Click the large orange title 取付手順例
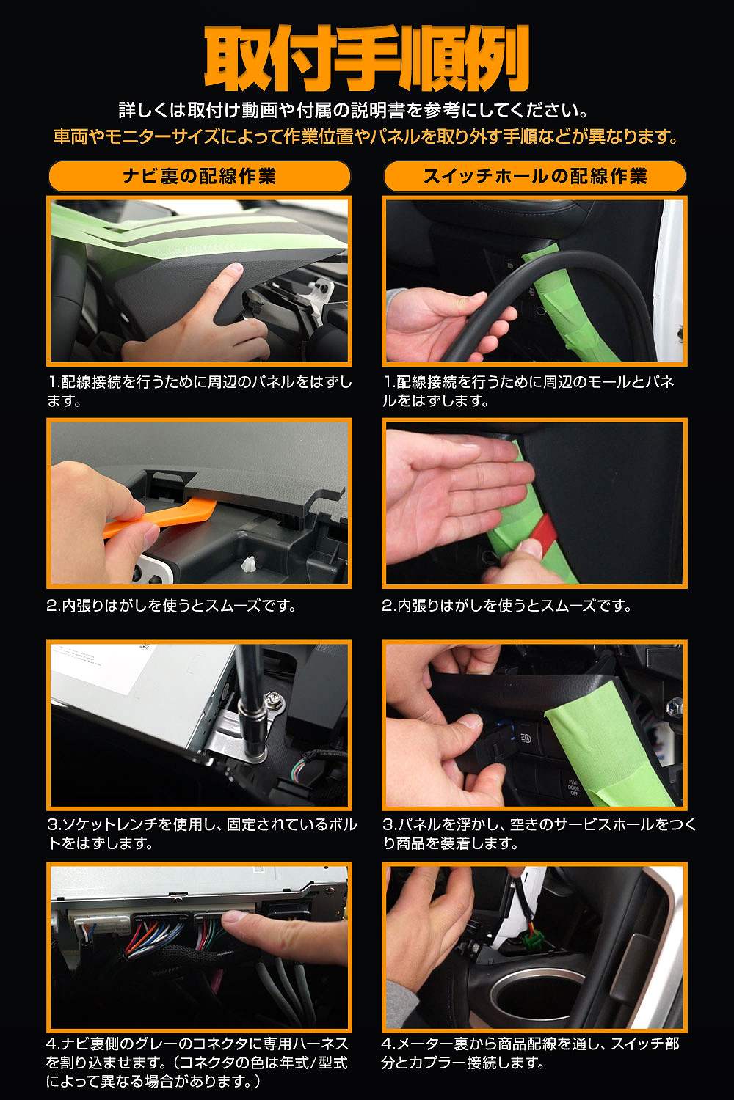click(367, 59)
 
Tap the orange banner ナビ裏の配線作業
click(199, 176)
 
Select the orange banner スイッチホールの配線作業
click(534, 176)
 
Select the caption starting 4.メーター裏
click(530, 1054)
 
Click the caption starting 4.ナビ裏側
click(197, 1062)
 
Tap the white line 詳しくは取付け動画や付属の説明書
click(354, 110)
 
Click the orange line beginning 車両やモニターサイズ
click(366, 136)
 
